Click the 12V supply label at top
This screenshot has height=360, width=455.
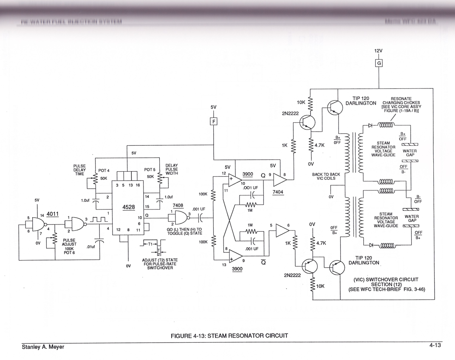click(378, 51)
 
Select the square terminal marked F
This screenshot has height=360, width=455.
click(213, 122)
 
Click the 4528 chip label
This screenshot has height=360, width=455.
click(128, 207)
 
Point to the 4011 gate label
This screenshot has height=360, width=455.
click(53, 213)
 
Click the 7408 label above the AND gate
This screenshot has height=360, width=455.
click(178, 205)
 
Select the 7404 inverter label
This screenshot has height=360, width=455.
click(278, 192)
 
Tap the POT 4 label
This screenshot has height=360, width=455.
click(104, 170)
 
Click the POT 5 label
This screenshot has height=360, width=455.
click(150, 170)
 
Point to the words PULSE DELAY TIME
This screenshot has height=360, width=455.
click(79, 170)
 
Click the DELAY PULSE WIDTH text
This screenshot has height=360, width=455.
click(172, 169)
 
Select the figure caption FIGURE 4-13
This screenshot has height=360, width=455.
click(229, 336)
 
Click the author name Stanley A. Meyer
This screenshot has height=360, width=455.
click(43, 347)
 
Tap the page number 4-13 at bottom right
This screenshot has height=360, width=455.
click(435, 346)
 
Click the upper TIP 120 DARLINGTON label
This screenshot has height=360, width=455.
click(360, 100)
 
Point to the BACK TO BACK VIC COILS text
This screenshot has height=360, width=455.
click(326, 176)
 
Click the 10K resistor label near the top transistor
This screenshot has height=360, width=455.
click(301, 102)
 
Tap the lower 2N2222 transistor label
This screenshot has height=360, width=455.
click(292, 275)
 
